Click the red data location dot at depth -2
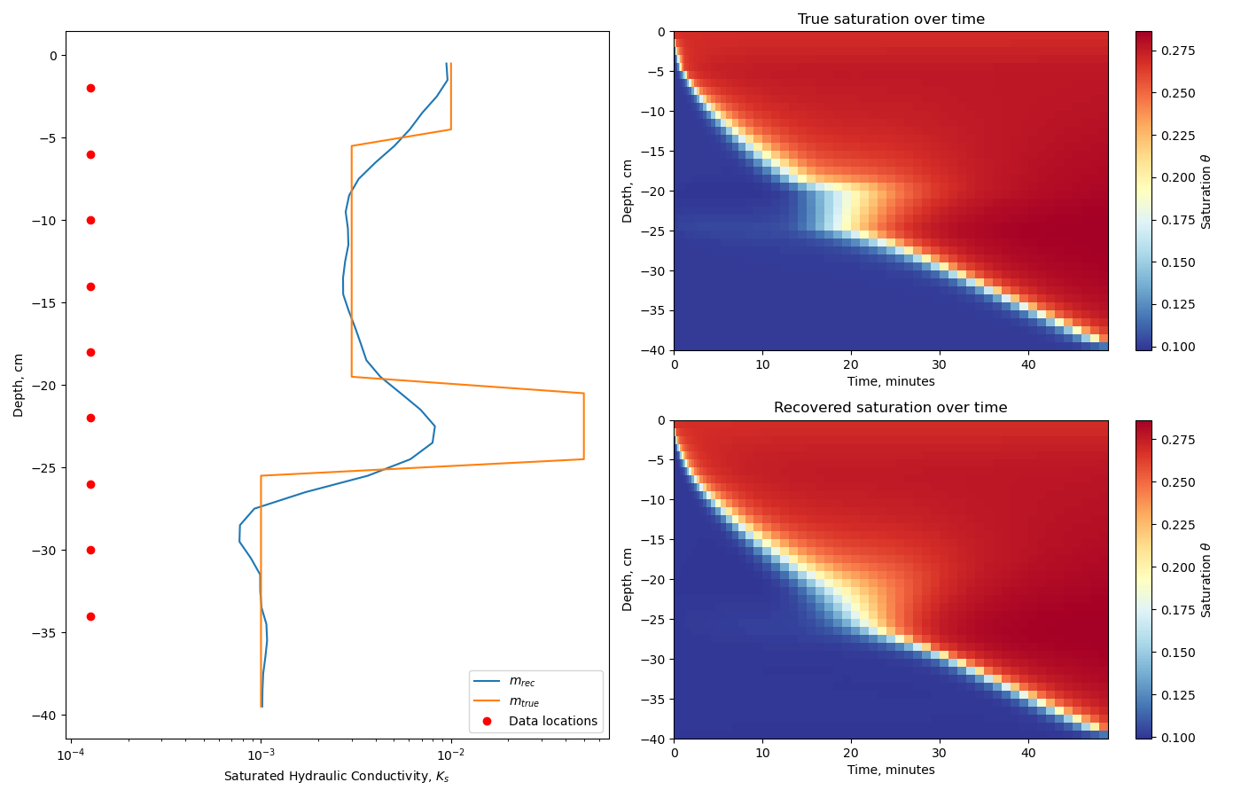[x=90, y=89]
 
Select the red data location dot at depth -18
[x=90, y=352]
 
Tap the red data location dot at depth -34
[x=90, y=616]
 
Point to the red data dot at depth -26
[x=90, y=484]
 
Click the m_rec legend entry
[x=521, y=682]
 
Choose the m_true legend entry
[x=523, y=701]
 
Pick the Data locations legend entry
[x=552, y=721]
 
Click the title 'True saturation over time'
[x=891, y=20]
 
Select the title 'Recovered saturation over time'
[x=891, y=408]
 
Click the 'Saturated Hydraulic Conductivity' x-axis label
[x=337, y=777]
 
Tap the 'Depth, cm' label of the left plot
[x=19, y=385]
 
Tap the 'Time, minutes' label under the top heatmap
[x=891, y=381]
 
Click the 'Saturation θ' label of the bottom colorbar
[x=1206, y=580]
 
